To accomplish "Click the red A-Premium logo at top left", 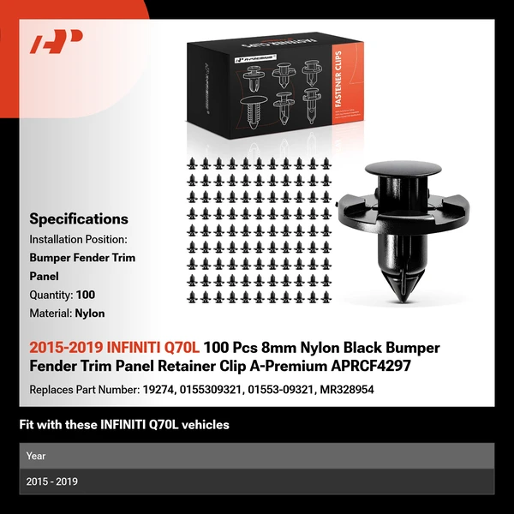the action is click(56, 41).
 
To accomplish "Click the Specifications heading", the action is click(79, 219).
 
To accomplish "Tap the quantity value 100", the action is click(86, 295).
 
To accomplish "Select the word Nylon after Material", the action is click(90, 314).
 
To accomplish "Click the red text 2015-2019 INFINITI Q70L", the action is click(115, 348).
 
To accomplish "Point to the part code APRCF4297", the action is click(371, 366).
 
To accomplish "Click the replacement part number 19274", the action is click(158, 390).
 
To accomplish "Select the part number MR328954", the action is click(347, 390).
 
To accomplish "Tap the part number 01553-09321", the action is click(280, 390).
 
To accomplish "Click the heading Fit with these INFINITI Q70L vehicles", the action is click(124, 425).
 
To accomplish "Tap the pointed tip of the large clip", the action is click(403, 300).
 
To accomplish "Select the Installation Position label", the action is click(78, 239).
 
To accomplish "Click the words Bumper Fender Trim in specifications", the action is click(82, 258).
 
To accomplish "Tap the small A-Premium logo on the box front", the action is click(255, 58).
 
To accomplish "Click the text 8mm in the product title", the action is click(278, 348).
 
